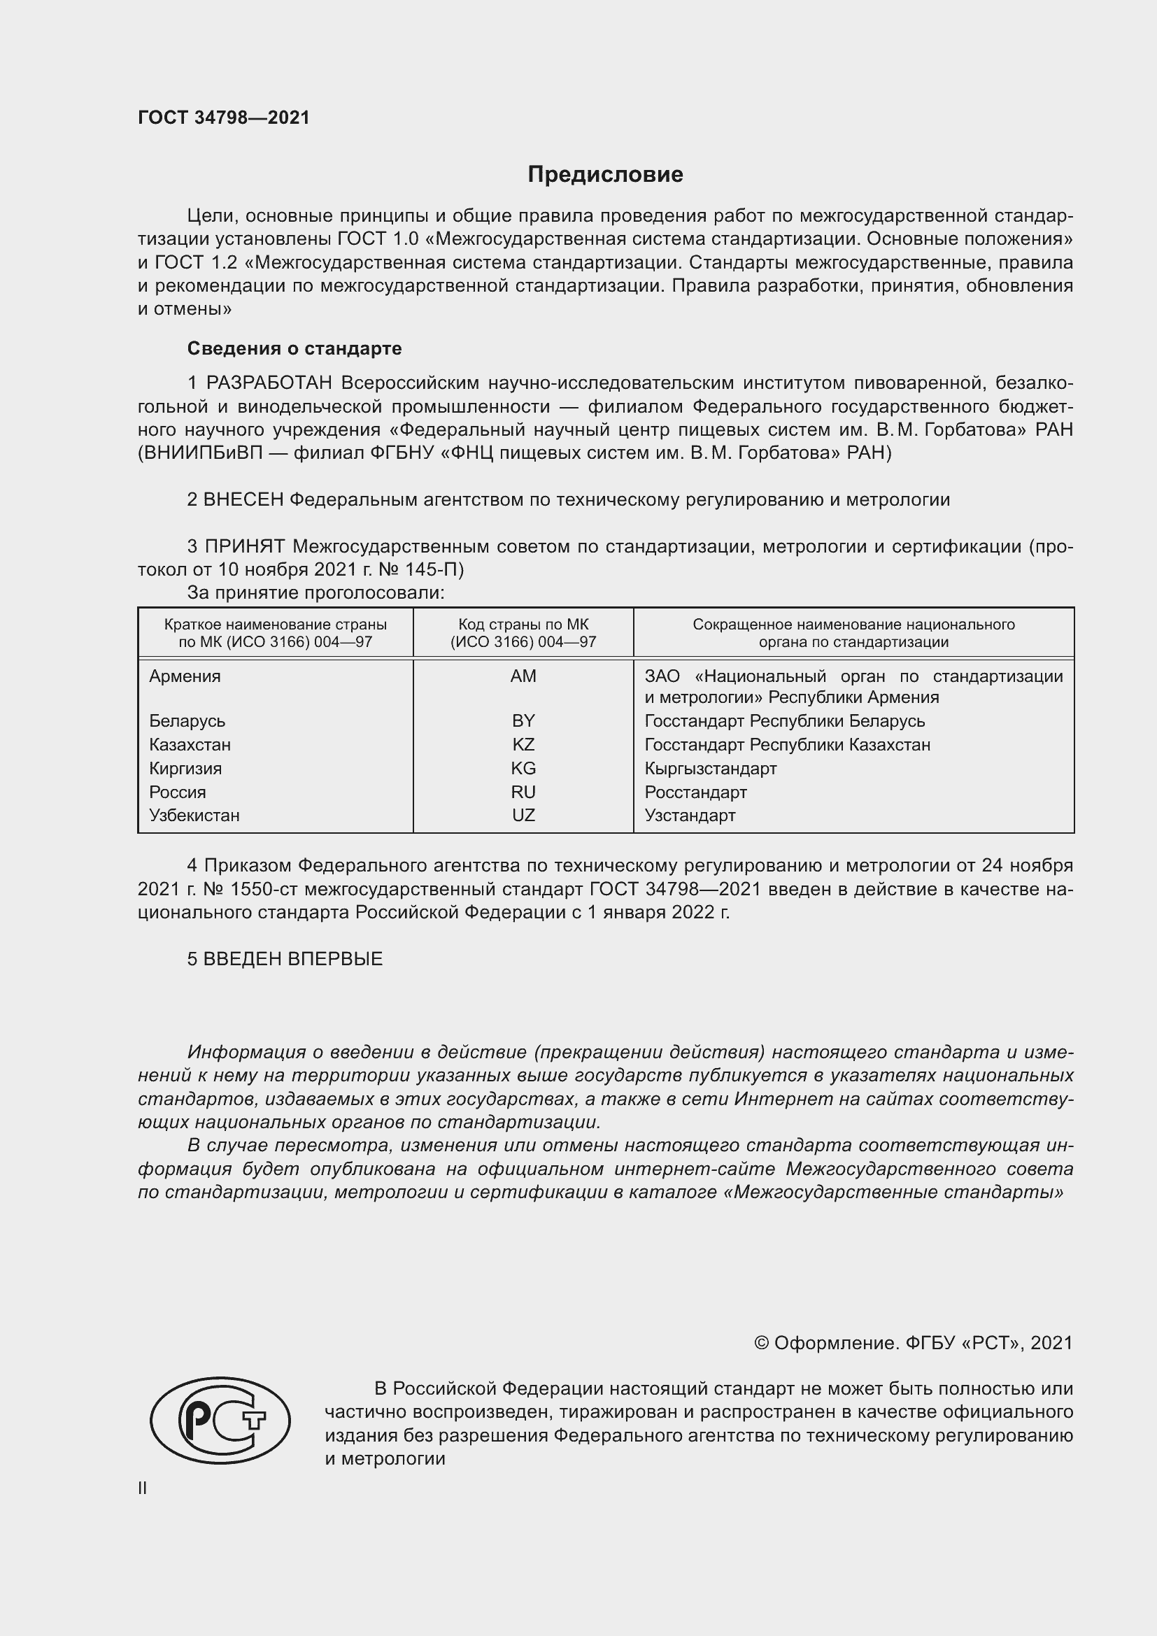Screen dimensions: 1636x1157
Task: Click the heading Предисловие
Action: [605, 175]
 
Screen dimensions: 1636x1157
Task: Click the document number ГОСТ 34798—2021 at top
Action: [224, 118]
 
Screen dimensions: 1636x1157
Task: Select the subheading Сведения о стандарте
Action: [294, 348]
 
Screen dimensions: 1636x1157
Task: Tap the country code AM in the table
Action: [523, 676]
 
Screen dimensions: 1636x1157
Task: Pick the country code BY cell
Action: [523, 720]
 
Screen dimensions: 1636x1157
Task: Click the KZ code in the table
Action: [523, 745]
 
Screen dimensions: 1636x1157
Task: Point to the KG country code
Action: [523, 768]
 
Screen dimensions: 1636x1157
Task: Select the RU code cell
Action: [523, 792]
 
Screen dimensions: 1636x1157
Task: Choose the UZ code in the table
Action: [523, 815]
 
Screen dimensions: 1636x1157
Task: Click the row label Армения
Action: [185, 676]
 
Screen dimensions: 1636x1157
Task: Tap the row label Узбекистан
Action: [194, 815]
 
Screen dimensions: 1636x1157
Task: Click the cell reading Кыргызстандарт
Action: [710, 768]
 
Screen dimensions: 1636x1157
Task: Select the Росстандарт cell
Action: [695, 792]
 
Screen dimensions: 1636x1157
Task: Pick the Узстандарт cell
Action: [690, 815]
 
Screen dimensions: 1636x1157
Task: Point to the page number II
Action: [143, 1488]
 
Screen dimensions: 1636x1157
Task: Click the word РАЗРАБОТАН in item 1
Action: [269, 383]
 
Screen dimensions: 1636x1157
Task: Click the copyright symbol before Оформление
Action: [761, 1343]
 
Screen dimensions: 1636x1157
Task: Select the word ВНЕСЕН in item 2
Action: [243, 499]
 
